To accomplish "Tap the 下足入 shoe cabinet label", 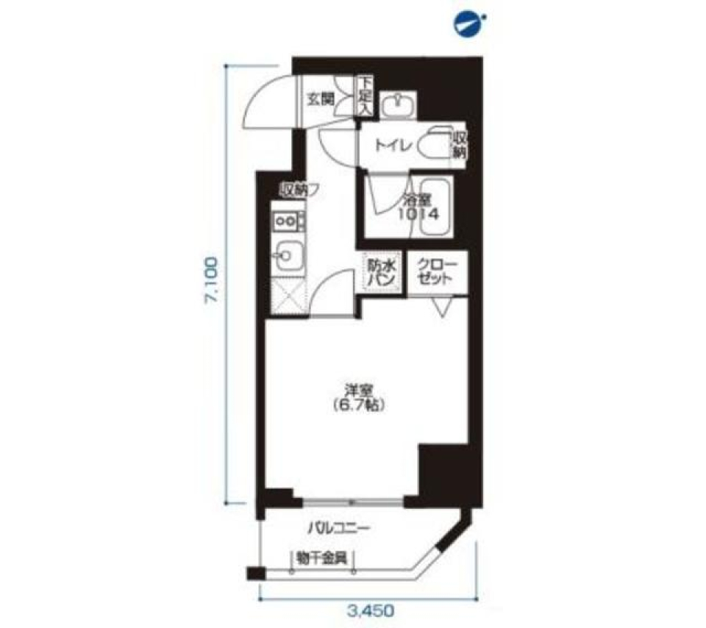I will pos(365,94).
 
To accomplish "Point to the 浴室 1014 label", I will pos(418,208).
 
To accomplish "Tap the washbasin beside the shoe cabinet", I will pos(396,104).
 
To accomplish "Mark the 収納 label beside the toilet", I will pos(459,145).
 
